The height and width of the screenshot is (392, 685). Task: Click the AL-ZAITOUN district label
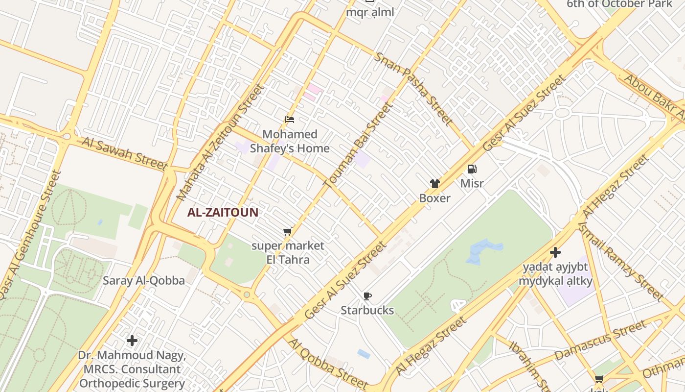click(223, 213)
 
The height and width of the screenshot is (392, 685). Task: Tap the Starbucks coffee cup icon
click(367, 296)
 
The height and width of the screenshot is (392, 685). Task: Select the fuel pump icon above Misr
click(472, 169)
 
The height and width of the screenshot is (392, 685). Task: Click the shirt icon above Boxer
click(434, 184)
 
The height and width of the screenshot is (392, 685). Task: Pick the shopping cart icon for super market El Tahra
click(288, 231)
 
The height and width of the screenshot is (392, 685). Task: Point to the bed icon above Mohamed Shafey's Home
click(290, 119)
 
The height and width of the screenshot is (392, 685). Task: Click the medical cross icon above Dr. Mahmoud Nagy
click(132, 340)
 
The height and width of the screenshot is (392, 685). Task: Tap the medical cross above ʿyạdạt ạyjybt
click(555, 252)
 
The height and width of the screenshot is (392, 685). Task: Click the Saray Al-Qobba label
click(144, 281)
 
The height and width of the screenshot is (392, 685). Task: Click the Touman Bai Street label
click(358, 145)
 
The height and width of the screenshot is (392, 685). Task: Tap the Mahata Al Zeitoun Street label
click(220, 142)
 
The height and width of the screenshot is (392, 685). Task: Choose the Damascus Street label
click(600, 341)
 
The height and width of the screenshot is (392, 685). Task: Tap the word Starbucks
click(367, 310)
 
